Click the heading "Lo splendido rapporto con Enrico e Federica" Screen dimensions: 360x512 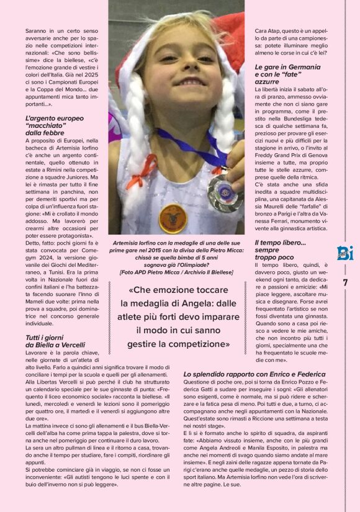259,374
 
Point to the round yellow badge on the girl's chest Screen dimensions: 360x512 173,217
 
